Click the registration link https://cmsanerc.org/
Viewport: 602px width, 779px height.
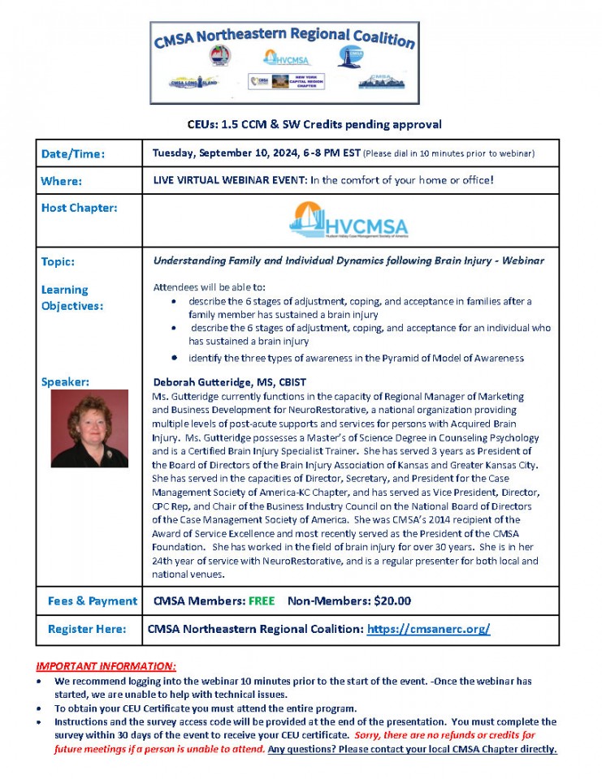click(x=428, y=629)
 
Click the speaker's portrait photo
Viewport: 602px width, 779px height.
click(x=89, y=428)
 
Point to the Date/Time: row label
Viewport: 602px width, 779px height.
click(x=74, y=153)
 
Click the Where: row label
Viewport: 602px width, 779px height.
click(x=62, y=181)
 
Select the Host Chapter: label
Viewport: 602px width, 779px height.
click(x=79, y=208)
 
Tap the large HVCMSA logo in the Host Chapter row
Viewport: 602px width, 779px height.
click(x=349, y=219)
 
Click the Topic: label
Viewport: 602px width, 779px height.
click(x=58, y=261)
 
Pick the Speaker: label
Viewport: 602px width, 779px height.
click(x=65, y=381)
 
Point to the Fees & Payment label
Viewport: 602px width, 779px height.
click(x=93, y=601)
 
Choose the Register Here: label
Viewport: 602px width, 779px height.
click(x=87, y=629)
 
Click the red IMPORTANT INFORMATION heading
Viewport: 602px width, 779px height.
click(x=106, y=665)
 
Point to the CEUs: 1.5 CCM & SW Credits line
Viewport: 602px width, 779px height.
click(x=310, y=124)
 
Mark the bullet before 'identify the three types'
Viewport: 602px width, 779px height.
click(x=175, y=358)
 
